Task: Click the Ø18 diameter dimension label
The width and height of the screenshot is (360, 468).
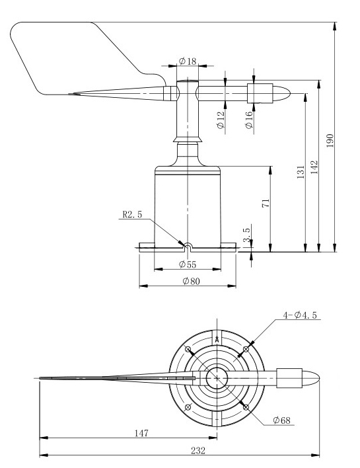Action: point(188,61)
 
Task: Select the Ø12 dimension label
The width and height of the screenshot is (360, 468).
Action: point(221,120)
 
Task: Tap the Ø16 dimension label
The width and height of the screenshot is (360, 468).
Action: point(249,120)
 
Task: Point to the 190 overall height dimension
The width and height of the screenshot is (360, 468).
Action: point(330,140)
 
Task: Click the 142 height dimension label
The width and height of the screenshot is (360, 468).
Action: point(314,167)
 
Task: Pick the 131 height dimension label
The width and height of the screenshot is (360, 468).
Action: point(301,172)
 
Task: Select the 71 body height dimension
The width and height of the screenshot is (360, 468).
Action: point(266,203)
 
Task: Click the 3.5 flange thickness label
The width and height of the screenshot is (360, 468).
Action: point(247,235)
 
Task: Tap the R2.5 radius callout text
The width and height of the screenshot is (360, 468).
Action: point(132,214)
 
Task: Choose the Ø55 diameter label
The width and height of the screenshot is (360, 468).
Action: point(188,264)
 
